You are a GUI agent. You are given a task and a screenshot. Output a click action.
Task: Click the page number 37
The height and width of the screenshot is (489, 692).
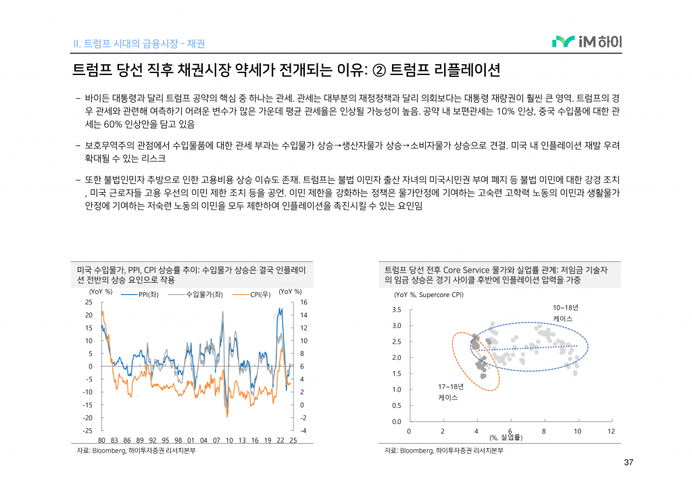[x=628, y=463]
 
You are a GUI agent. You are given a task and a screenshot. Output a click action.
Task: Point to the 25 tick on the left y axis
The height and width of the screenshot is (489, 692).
[x=89, y=302]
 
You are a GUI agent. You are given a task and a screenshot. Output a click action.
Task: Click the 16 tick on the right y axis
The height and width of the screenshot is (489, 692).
[x=304, y=302]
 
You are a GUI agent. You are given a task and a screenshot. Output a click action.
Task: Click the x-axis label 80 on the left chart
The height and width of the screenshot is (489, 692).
[x=101, y=440]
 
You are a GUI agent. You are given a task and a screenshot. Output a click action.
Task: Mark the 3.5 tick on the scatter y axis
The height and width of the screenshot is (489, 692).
[x=397, y=310]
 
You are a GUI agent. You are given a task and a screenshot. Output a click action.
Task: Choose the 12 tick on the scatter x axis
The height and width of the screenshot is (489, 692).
[x=611, y=432]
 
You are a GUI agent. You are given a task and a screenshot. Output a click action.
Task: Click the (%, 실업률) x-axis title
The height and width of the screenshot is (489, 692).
[x=506, y=438]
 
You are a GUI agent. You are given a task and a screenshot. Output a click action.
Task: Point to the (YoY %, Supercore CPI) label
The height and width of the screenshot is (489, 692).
[x=428, y=295]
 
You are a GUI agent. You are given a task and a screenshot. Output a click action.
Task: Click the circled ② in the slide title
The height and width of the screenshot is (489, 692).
[x=378, y=70]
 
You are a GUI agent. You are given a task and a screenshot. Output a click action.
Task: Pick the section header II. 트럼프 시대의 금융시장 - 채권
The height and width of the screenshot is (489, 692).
[x=139, y=44]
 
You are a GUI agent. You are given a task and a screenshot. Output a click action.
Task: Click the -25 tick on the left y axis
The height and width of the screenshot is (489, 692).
[x=87, y=431]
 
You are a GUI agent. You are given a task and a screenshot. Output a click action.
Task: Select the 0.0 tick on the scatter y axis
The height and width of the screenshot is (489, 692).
[x=397, y=422]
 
